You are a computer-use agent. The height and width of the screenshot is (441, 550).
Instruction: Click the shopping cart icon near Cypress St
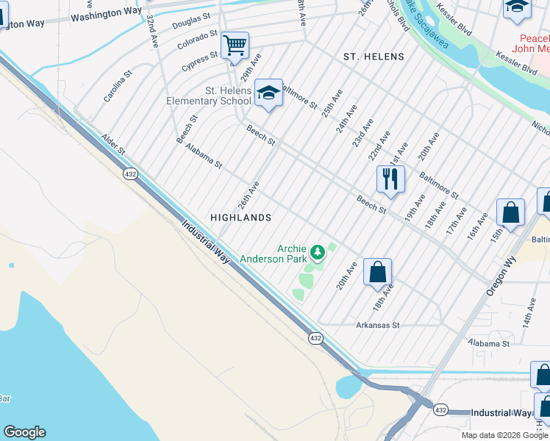coord(235,46)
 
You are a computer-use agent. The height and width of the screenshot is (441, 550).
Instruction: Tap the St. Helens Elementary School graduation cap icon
coord(269,93)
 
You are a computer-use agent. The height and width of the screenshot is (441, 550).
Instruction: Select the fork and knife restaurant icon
coord(390,179)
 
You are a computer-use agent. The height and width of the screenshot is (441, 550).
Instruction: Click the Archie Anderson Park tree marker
coord(318,253)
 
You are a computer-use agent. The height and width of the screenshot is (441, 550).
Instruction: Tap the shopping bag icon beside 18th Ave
coord(377,272)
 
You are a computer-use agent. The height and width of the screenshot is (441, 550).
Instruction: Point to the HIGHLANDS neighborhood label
coord(241,218)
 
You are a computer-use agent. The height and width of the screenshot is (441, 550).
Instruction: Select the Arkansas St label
coord(377,324)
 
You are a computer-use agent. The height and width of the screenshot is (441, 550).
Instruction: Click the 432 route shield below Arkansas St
coord(315,337)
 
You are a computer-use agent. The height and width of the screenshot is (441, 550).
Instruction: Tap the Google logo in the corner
coord(24,432)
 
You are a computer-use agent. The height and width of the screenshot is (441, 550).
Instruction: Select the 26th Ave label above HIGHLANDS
coord(249,195)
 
